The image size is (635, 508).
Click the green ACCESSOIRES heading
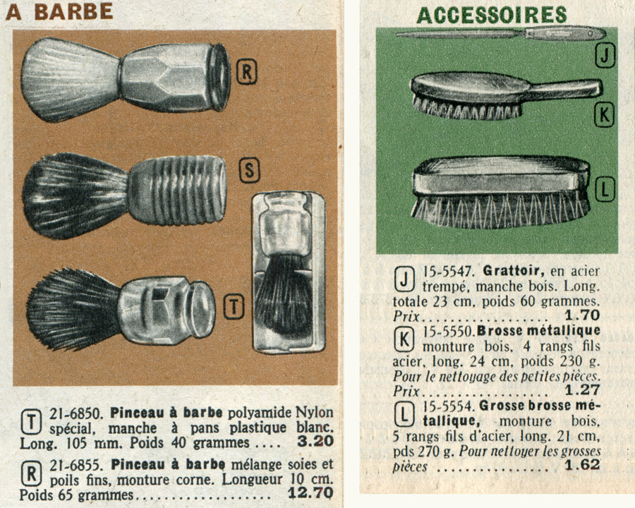click(491, 16)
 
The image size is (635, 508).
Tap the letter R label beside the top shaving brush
click(247, 72)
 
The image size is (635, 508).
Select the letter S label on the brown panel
click(249, 170)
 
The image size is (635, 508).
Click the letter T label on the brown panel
click(234, 307)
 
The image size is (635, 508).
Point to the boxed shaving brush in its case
click(289, 272)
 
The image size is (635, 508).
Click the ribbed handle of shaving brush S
click(177, 190)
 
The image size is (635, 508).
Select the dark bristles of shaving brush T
click(73, 309)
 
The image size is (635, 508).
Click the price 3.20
click(315, 441)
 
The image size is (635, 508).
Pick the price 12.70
click(310, 493)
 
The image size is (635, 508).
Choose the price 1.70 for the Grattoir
click(582, 315)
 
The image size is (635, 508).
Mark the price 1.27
click(582, 389)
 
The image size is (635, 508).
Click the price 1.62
click(582, 465)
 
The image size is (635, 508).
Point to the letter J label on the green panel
click(605, 56)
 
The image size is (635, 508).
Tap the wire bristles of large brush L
click(500, 211)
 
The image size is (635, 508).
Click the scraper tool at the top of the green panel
click(500, 33)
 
